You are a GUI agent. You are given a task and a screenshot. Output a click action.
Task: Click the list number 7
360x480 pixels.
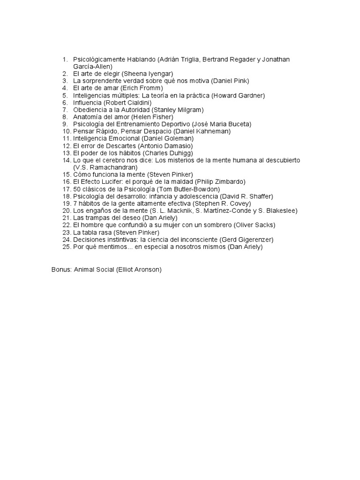pyautogui.click(x=66, y=110)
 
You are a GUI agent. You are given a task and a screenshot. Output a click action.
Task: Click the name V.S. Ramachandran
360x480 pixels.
pyautogui.click(x=105, y=167)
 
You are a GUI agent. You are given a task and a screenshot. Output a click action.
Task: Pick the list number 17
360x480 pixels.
pyautogui.click(x=66, y=189)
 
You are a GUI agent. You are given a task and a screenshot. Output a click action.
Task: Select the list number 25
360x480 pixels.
pyautogui.click(x=66, y=247)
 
